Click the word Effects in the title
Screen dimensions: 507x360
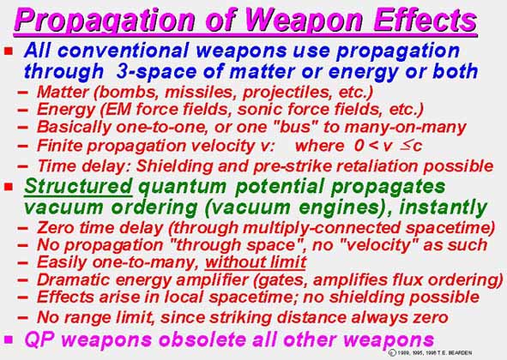pyautogui.click(x=425, y=20)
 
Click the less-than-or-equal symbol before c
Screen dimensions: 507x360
pyautogui.click(x=406, y=146)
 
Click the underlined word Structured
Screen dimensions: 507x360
pyautogui.click(x=78, y=187)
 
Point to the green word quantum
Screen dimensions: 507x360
pyautogui.click(x=183, y=188)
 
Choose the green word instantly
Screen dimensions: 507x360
pyautogui.click(x=443, y=207)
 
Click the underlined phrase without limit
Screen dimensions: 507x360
pyautogui.click(x=256, y=261)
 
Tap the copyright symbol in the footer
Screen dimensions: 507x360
pyautogui.click(x=392, y=352)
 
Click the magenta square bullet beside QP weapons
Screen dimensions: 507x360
pyautogui.click(x=9, y=339)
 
